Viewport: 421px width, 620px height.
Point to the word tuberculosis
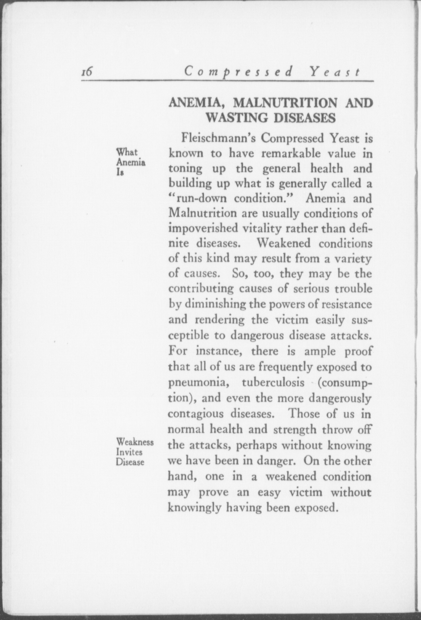coord(273,382)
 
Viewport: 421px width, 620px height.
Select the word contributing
coord(202,288)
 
